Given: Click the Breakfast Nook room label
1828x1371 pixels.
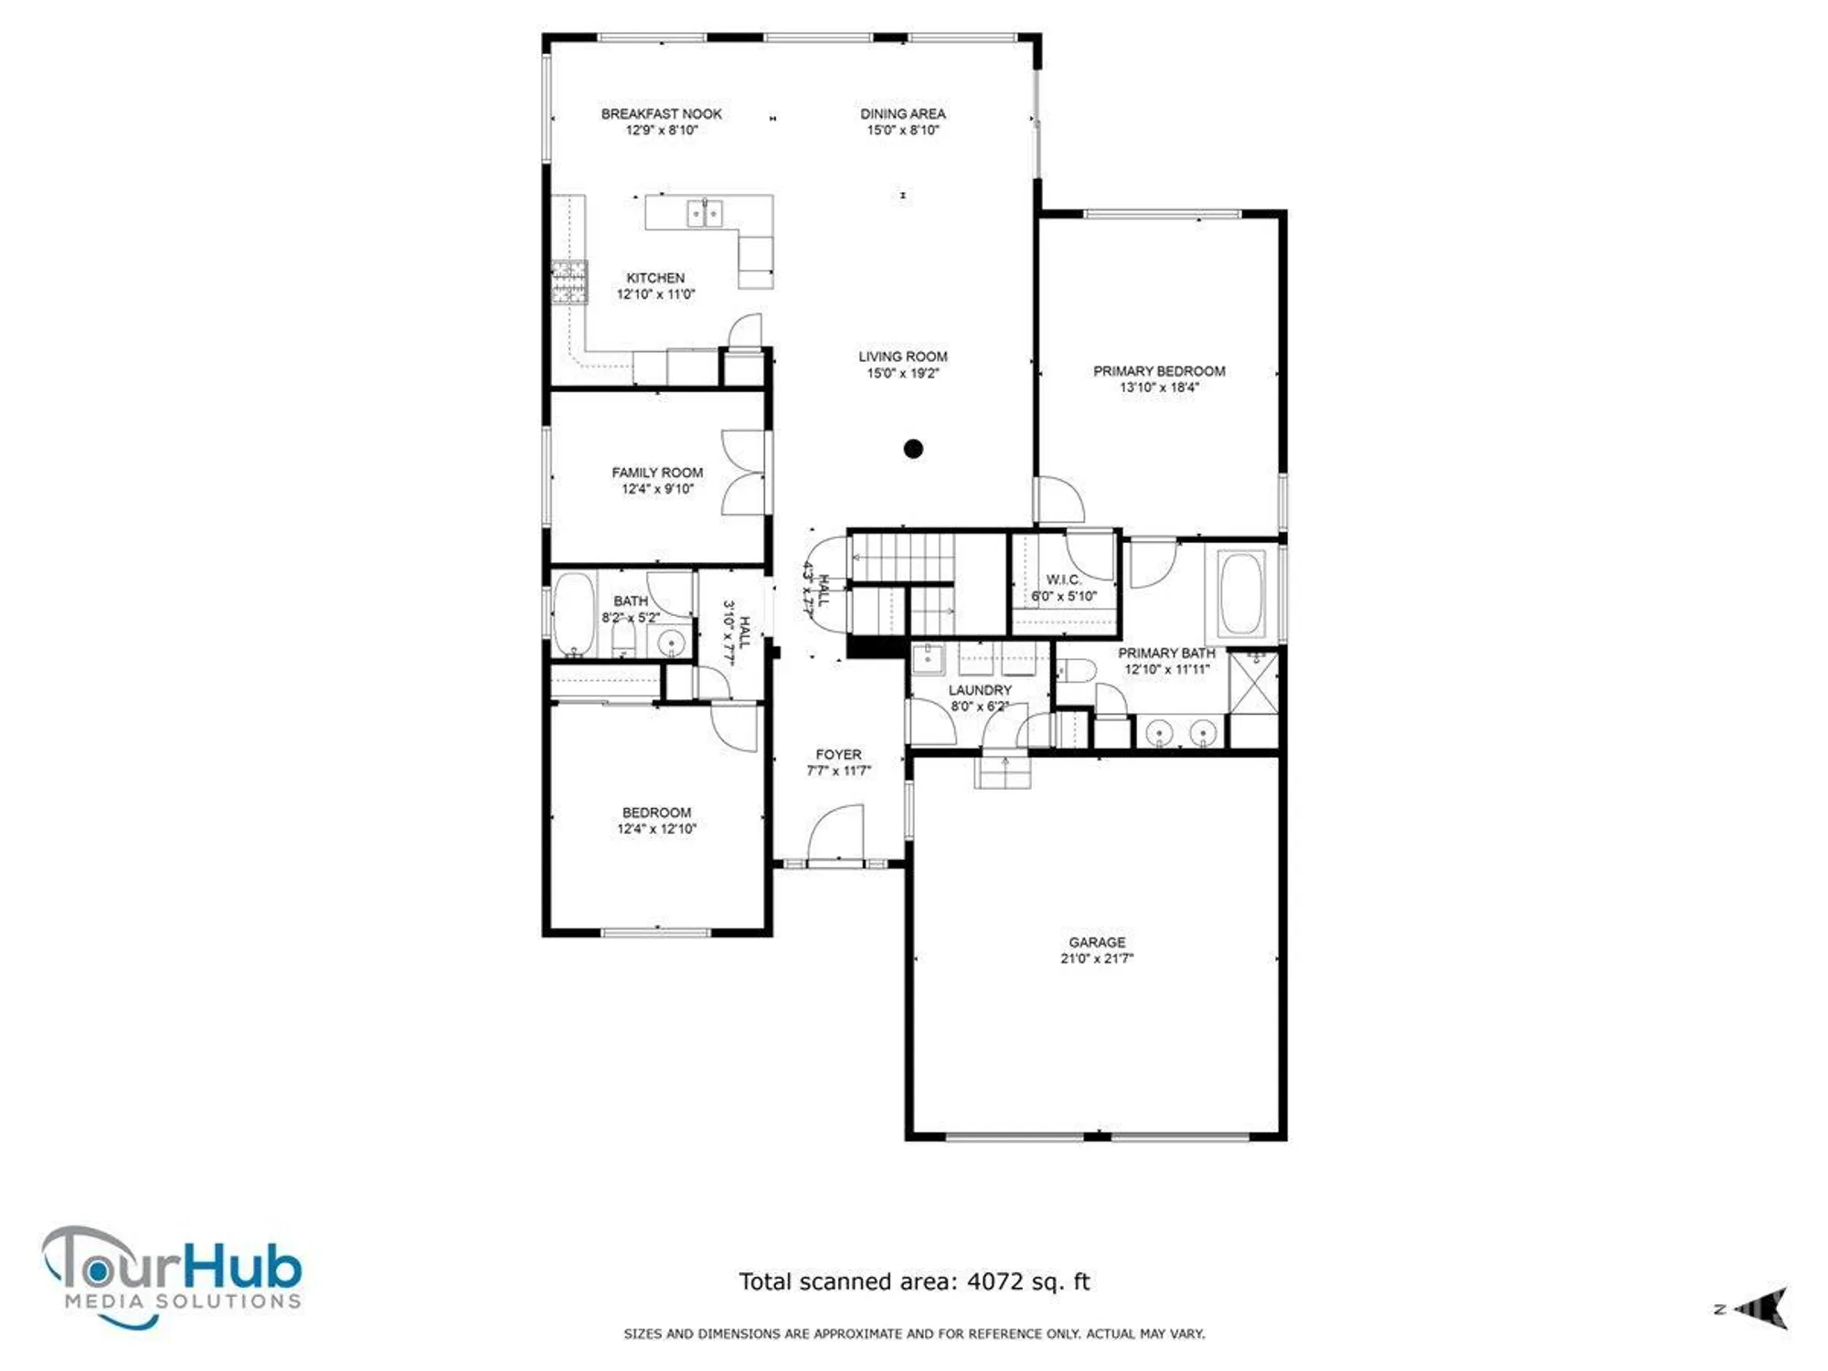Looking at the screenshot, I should [x=661, y=113].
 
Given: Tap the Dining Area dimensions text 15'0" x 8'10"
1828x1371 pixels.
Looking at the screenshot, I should [x=902, y=131].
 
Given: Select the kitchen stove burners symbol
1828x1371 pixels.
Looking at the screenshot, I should [x=569, y=282].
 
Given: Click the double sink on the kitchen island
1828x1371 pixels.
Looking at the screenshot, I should [x=704, y=213].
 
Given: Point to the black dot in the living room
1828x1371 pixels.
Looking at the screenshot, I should [x=913, y=449].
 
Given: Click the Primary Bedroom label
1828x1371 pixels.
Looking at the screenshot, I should [x=1159, y=371].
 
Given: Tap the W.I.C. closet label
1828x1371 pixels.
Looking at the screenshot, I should [x=1063, y=579].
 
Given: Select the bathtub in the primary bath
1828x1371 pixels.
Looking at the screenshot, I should [x=1241, y=594].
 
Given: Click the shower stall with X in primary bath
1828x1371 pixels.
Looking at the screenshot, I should [x=1253, y=683].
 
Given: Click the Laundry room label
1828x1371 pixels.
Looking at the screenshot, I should [x=980, y=690].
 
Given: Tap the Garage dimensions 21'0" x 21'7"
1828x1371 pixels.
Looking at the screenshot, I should [x=1097, y=959].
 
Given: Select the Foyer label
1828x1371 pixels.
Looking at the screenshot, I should [x=838, y=754].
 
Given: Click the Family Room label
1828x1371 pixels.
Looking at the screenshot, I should [x=657, y=473].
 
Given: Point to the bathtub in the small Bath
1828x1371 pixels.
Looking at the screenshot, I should [x=574, y=613].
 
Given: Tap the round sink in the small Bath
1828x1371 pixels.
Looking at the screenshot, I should [x=672, y=643].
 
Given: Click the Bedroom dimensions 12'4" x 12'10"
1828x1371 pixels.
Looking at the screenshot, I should [x=656, y=829].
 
